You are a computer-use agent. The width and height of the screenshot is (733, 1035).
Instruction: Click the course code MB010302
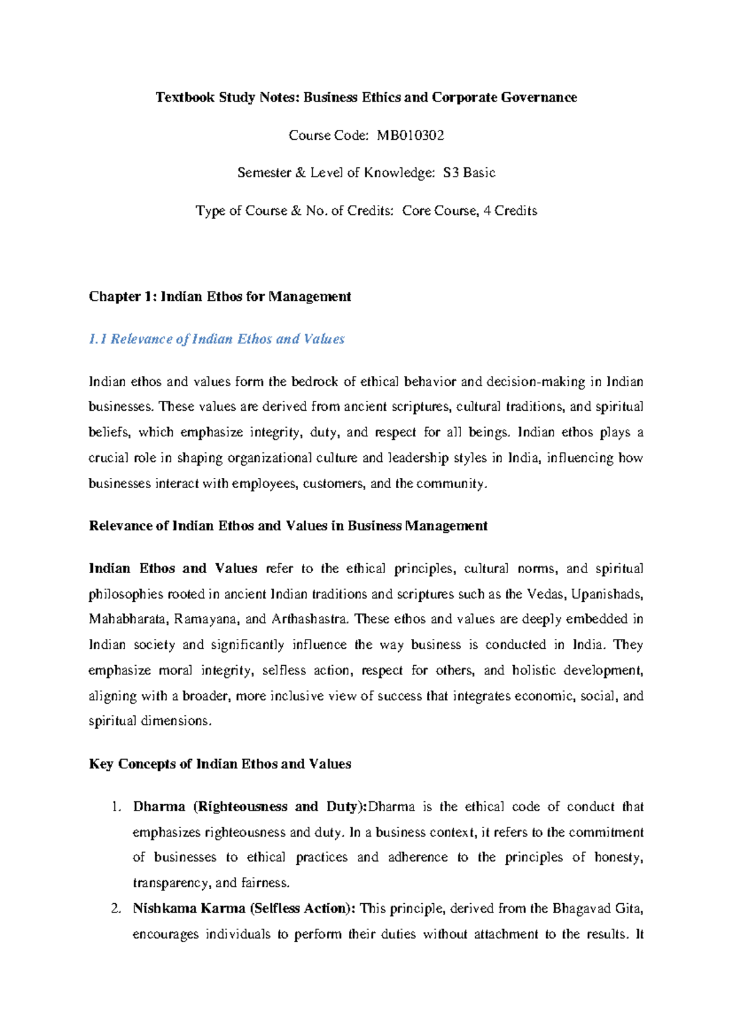click(410, 135)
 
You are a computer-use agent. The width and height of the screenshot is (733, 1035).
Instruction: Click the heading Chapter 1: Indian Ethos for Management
click(220, 297)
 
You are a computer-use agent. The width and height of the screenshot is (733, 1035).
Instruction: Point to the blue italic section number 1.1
click(98, 339)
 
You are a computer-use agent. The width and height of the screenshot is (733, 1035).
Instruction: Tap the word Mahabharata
click(127, 619)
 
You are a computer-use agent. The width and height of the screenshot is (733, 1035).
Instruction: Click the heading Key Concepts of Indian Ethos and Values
click(220, 764)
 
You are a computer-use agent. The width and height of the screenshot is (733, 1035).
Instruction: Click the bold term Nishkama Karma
click(189, 909)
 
